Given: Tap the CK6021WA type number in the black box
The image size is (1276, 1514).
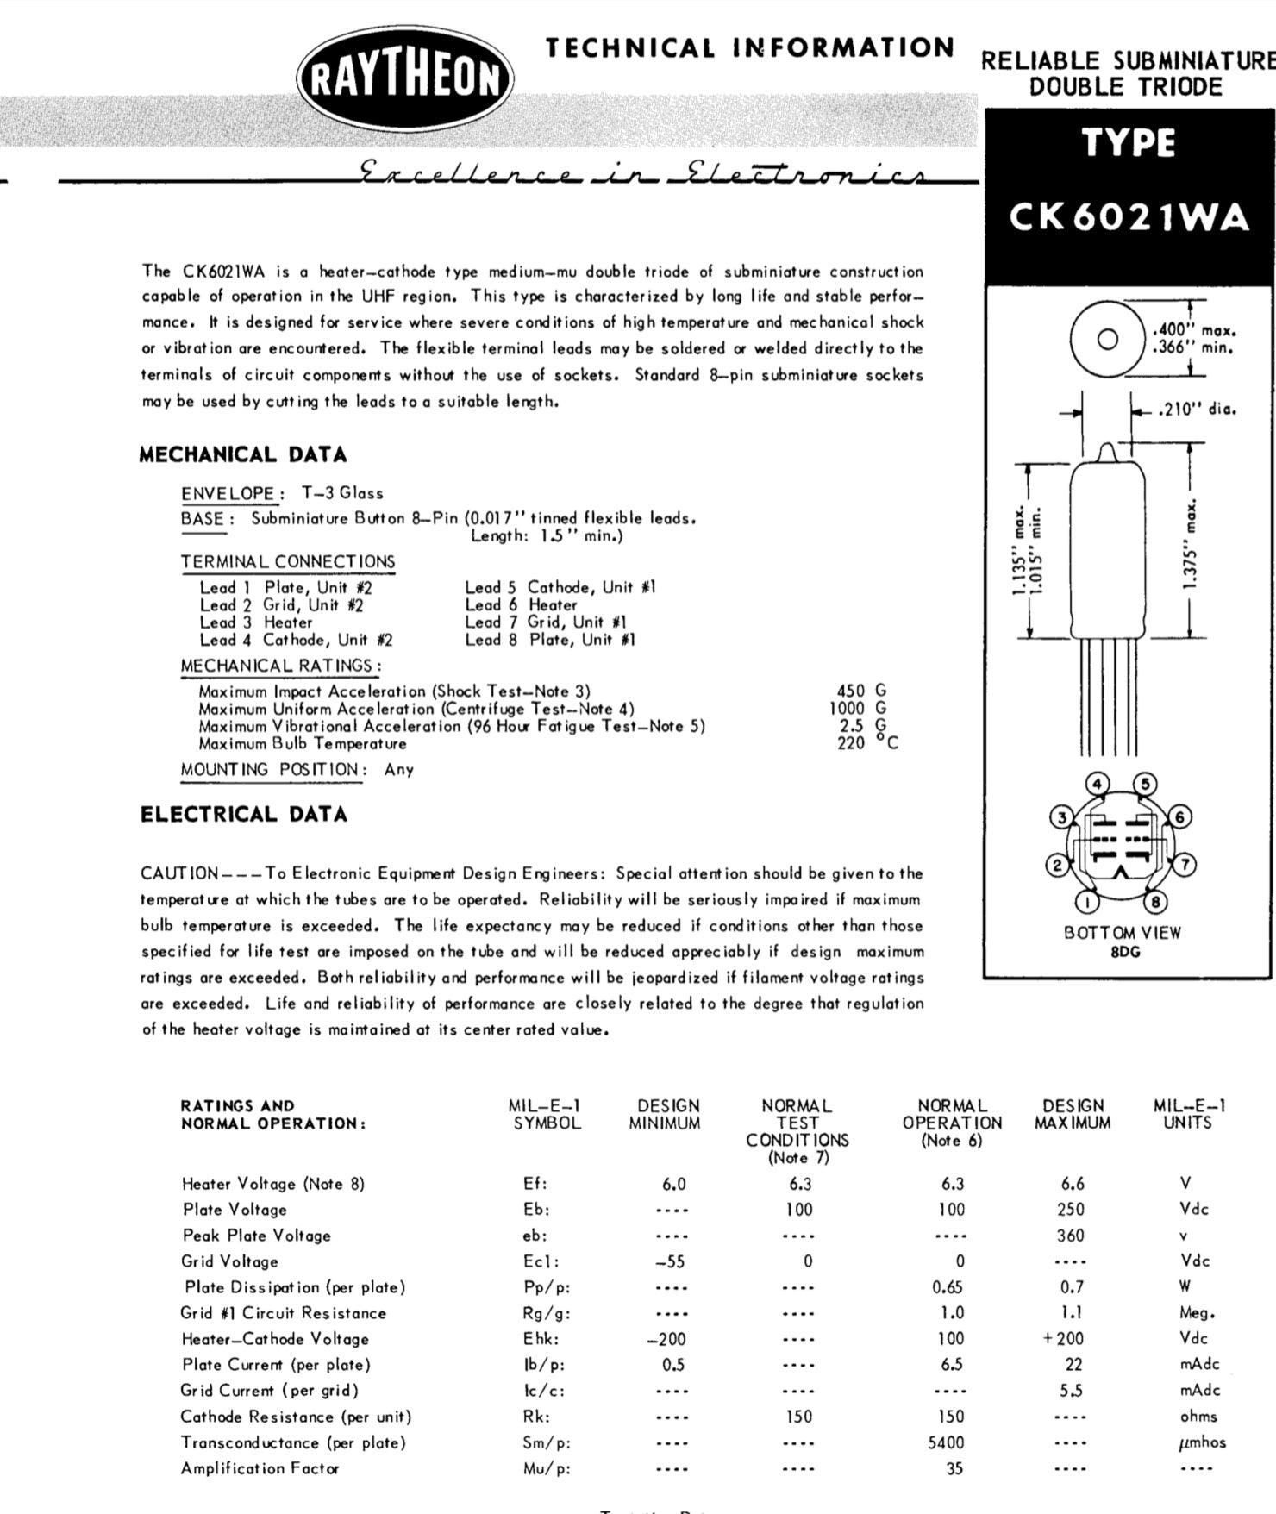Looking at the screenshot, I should pos(1129,216).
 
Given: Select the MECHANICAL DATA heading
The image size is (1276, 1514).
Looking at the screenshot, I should pos(243,454).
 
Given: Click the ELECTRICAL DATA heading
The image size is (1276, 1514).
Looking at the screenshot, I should pos(244,814).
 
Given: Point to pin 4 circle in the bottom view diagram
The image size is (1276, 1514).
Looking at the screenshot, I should pos(1098,784).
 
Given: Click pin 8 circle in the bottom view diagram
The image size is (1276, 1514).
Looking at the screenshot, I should pos(1155,902).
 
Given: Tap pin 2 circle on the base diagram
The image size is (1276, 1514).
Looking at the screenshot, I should pos(1056,865).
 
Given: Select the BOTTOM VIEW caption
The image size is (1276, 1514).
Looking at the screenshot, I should pos(1123,932).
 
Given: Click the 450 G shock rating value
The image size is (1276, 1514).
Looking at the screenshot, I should pos(860,691).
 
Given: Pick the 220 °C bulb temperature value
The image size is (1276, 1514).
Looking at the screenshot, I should pos(866,743).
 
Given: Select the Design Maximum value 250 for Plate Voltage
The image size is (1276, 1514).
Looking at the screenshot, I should pos(1071,1210).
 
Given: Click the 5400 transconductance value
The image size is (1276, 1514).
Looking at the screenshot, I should pos(947,1442).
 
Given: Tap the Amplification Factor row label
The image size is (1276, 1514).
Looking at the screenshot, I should pos(260,1468).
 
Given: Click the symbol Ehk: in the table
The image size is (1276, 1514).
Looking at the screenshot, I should pos(541,1339).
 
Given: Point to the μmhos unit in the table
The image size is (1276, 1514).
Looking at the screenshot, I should pos(1201,1442).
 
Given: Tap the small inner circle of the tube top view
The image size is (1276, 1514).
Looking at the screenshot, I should pos(1108,339).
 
